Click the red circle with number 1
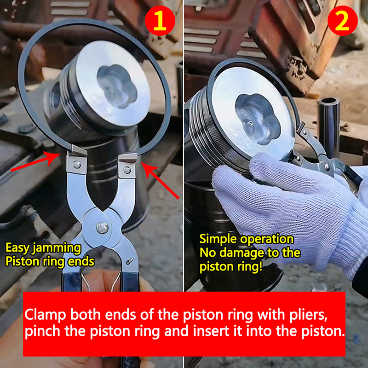click(160, 21)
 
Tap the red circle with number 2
click(342, 21)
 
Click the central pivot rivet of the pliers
click(102, 228)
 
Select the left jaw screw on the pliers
click(77, 164)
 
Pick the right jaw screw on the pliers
click(127, 169)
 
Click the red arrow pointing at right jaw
click(160, 181)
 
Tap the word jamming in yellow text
click(57, 248)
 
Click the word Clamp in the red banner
click(45, 314)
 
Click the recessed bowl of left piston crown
click(117, 86)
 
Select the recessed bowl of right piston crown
click(258, 119)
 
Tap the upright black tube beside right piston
click(328, 127)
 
